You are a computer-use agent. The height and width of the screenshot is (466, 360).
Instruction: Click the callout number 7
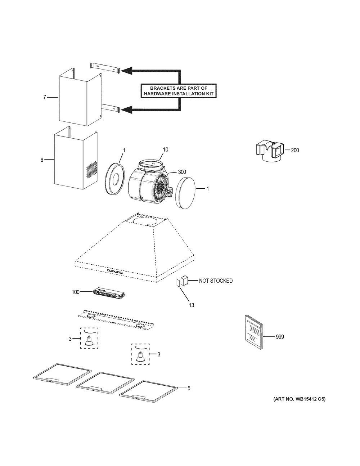[x=45, y=97]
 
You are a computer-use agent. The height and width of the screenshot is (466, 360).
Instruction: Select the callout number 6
[x=42, y=160]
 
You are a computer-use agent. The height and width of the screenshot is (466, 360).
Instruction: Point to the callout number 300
[x=182, y=172]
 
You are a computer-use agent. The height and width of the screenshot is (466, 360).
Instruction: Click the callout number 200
[x=294, y=150]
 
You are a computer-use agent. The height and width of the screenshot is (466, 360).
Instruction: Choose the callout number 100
[x=76, y=292]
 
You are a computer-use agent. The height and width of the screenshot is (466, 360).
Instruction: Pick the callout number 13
[x=192, y=305]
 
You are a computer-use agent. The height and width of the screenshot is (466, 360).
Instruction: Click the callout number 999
[x=280, y=337]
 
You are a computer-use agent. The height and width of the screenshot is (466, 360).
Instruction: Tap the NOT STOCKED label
[x=216, y=281]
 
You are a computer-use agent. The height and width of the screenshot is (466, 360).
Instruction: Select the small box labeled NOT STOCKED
[x=184, y=281]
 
